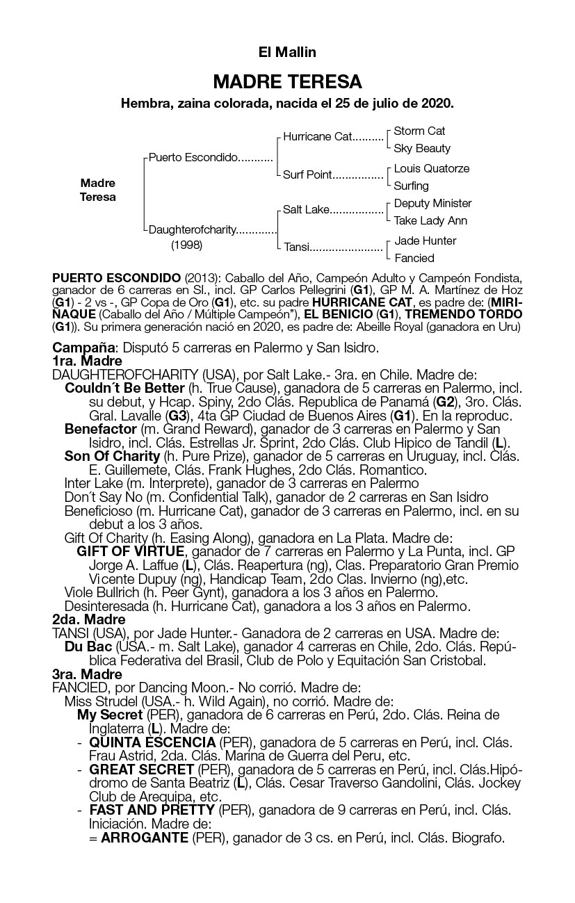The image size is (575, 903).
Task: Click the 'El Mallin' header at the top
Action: coord(287,52)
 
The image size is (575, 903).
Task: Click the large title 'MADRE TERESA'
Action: coord(287,82)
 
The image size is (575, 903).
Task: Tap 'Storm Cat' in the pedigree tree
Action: coord(419,131)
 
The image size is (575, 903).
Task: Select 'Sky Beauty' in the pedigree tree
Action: coord(422,148)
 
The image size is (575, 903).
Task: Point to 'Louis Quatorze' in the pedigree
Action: coord(431,168)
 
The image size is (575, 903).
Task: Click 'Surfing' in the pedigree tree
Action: coord(411,186)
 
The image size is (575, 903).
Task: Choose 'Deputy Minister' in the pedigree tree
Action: coord(432,203)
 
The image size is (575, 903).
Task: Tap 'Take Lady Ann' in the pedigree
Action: coord(430,220)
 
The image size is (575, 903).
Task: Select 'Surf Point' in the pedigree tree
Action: coord(307,174)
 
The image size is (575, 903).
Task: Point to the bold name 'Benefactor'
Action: coord(100,429)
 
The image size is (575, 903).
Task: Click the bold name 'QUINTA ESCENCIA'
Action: coord(152,742)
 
